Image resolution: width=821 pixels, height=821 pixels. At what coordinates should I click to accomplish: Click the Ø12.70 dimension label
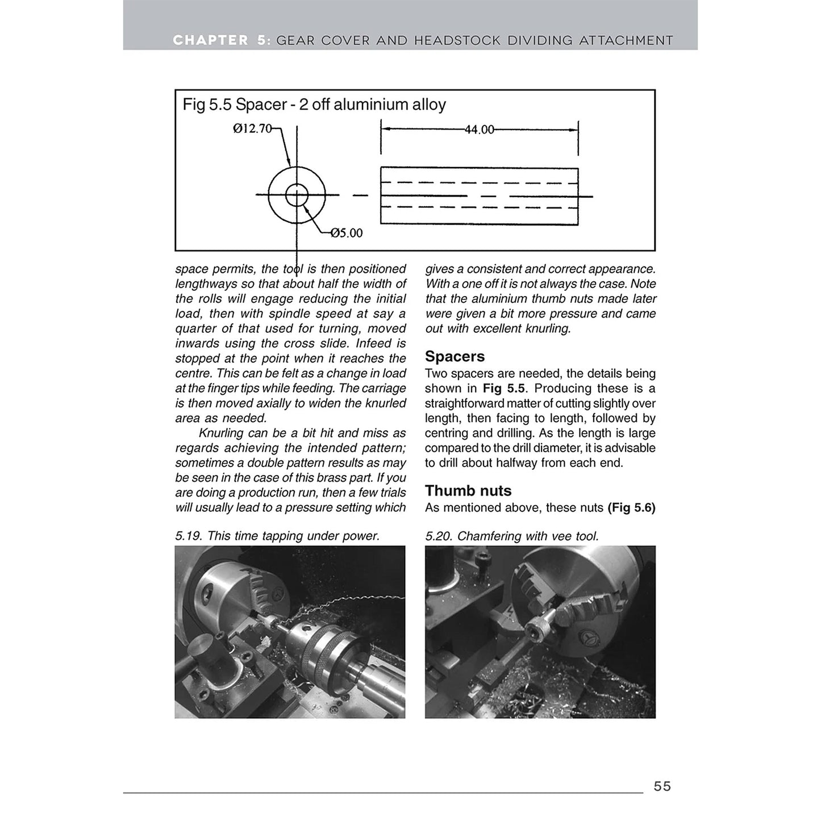click(x=252, y=129)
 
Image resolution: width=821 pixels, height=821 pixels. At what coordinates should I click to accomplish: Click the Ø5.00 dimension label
click(x=347, y=233)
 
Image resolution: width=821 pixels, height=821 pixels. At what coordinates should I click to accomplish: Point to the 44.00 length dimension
click(x=479, y=130)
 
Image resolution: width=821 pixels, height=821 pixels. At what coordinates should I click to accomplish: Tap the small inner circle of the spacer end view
click(x=296, y=195)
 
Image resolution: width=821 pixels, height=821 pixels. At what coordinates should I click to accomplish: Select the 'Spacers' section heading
click(x=455, y=356)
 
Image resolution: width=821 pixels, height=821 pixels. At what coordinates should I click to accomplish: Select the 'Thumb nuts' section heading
click(x=468, y=490)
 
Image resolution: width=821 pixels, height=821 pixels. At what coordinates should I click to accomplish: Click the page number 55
click(x=662, y=786)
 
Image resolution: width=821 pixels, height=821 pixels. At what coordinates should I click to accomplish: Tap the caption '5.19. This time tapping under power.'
click(x=277, y=536)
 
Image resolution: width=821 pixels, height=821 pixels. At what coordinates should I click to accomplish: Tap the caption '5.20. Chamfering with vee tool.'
click(x=512, y=536)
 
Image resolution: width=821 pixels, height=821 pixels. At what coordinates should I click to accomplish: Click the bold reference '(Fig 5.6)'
click(x=631, y=507)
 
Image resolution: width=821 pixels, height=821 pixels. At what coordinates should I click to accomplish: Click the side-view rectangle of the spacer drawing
click(x=479, y=195)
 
